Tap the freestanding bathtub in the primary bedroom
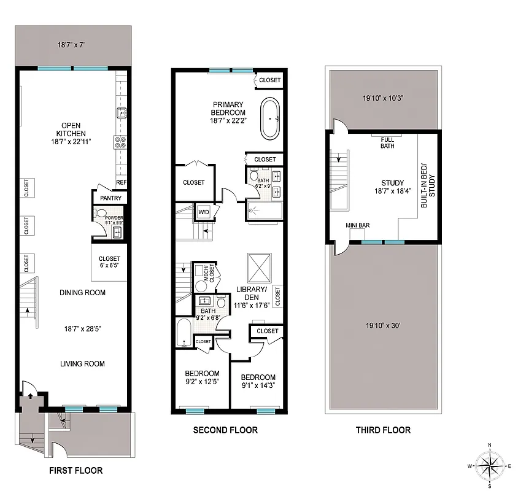tap(271, 118)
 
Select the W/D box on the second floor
tap(203, 212)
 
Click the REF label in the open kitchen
tap(121, 182)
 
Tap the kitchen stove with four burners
tap(120, 142)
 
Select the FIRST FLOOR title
tap(75, 471)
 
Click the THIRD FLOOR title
tap(383, 430)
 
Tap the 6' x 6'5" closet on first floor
tap(109, 263)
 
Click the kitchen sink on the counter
tap(122, 113)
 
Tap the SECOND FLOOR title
tap(225, 430)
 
